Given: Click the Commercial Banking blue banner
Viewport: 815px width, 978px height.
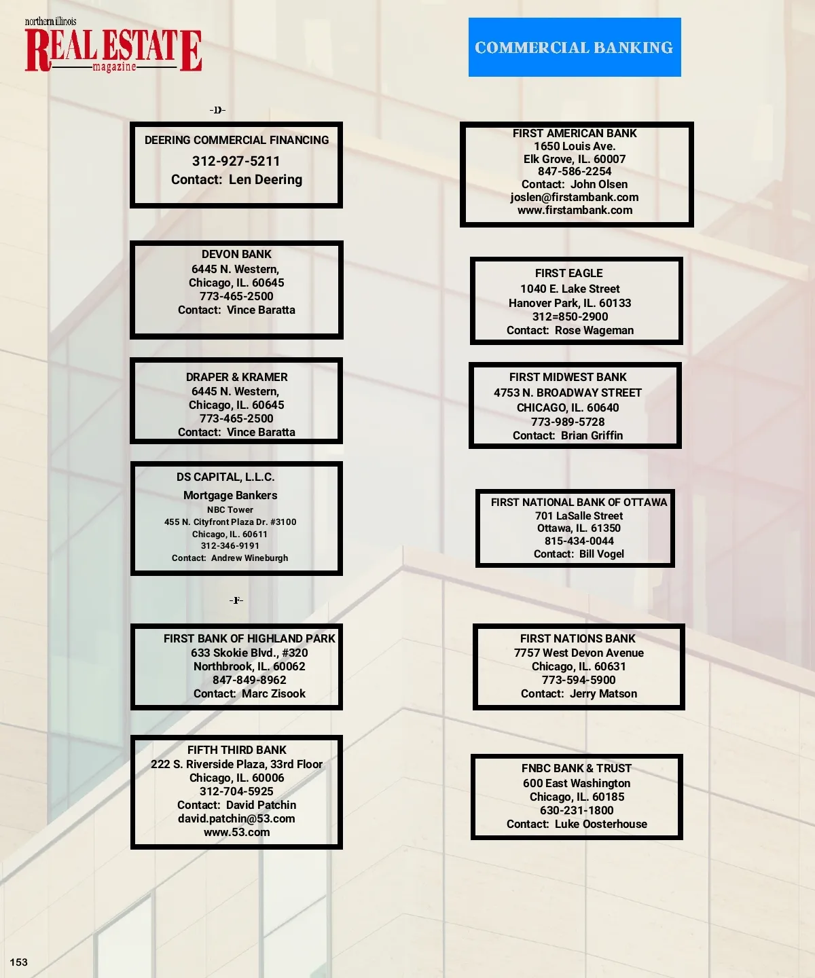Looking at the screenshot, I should tap(574, 48).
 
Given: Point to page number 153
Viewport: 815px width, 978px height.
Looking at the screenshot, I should tap(19, 962).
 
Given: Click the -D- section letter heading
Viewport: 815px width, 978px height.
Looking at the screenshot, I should tap(217, 110).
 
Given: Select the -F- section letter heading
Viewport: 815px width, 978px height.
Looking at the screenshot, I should tap(236, 600).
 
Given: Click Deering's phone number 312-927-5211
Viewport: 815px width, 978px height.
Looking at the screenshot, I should tap(236, 161).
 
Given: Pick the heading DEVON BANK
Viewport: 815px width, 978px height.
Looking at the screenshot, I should tap(236, 254).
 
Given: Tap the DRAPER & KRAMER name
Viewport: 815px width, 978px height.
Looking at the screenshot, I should tap(236, 377).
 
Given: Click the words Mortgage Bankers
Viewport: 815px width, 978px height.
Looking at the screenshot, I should tap(230, 495).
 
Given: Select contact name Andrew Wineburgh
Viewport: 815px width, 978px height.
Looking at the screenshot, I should tap(249, 558).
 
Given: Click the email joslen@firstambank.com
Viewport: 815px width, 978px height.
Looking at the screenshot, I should tap(575, 197).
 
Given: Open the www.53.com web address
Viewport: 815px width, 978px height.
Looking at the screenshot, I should tap(236, 832).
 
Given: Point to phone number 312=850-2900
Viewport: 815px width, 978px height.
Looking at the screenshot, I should tap(570, 316).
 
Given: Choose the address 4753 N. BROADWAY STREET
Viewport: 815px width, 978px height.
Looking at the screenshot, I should tap(567, 393).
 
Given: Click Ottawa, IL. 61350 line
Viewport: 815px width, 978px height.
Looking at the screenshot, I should tap(579, 528).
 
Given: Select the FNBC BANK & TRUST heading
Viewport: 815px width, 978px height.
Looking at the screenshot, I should tap(576, 768).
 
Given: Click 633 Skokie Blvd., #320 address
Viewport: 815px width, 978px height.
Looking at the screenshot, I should tap(249, 653).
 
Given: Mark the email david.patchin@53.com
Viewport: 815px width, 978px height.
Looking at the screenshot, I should tap(236, 818).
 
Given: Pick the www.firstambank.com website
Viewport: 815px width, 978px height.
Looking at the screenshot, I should tap(575, 210).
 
